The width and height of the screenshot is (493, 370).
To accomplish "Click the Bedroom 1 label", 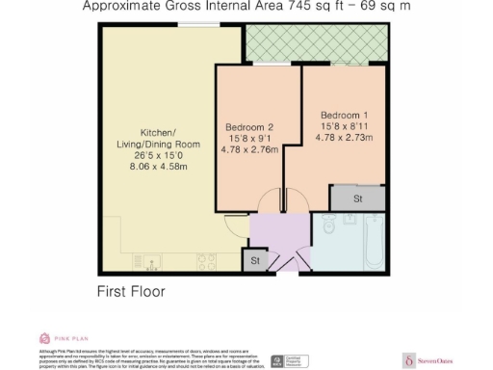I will (344, 115).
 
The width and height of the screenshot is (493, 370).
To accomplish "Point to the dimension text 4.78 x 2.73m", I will (344, 138).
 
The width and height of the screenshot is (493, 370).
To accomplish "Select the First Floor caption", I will (131, 291).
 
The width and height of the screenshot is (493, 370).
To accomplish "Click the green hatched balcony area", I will (312, 43).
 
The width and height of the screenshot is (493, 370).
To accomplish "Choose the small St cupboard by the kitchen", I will (255, 260).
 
